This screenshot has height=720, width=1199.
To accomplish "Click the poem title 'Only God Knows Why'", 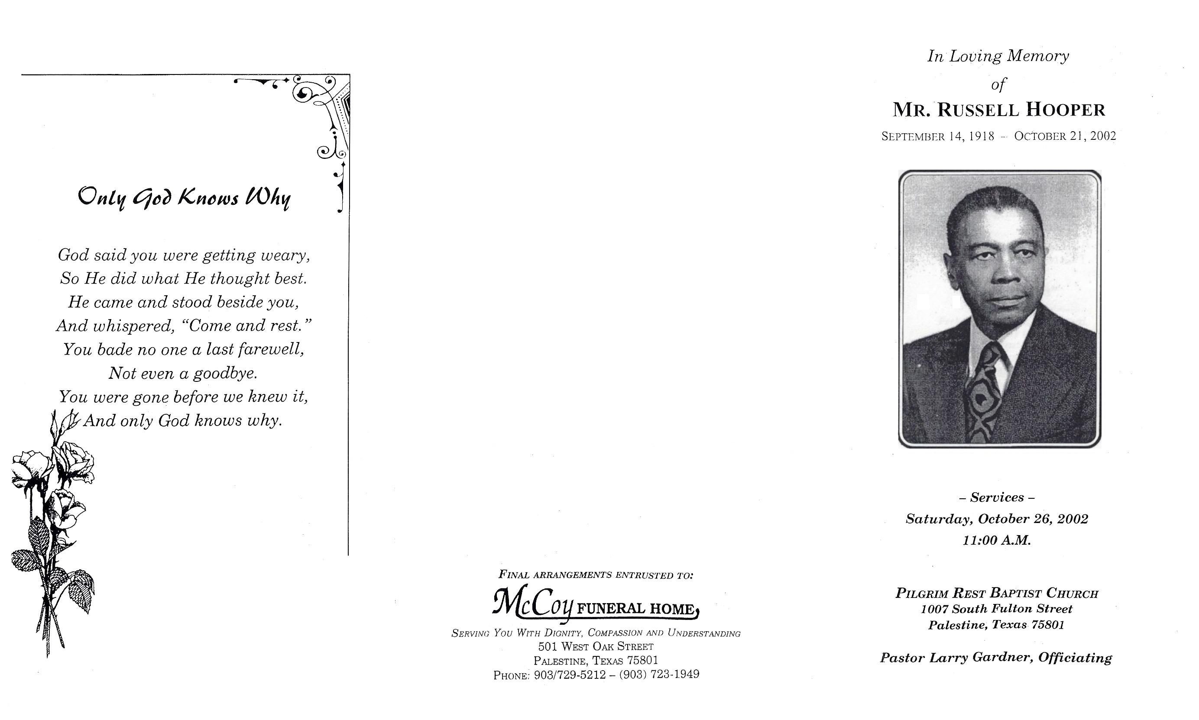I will point(184,197).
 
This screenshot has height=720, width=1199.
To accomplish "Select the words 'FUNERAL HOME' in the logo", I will point(636,609).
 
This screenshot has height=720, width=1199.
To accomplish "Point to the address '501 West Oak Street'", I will point(596,647).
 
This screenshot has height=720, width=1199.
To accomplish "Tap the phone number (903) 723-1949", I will point(659,675).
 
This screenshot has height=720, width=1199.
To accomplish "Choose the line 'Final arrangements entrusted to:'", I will point(596,575).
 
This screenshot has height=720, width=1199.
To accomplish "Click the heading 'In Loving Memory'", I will point(998,56).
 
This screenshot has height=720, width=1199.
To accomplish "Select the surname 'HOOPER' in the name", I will point(1066,110).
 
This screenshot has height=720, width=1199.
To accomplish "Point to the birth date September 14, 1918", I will point(937,136).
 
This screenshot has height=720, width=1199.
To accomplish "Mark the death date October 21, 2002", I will point(1065,136).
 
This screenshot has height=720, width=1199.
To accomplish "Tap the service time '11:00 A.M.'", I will point(997,540).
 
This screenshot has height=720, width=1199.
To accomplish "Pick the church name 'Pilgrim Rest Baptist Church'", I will point(997,593).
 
